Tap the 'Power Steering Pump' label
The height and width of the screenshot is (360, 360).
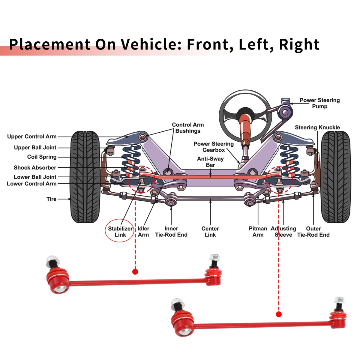click(x=319, y=103)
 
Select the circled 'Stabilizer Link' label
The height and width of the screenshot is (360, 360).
click(x=120, y=232)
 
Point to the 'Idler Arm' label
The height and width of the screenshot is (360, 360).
click(x=143, y=232)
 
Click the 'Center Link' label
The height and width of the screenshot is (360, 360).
click(x=210, y=232)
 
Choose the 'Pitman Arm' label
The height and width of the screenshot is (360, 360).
click(x=258, y=232)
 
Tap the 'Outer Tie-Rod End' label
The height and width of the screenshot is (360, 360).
click(x=313, y=232)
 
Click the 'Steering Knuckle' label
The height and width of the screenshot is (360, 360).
click(x=317, y=127)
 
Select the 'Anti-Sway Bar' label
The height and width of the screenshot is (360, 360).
click(x=210, y=162)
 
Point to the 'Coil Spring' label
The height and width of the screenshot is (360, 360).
click(x=42, y=157)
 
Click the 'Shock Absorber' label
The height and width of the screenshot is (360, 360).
click(x=35, y=168)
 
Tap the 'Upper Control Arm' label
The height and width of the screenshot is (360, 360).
click(x=32, y=137)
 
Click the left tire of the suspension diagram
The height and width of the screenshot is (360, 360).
click(x=85, y=177)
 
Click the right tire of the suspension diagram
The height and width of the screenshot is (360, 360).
click(x=336, y=177)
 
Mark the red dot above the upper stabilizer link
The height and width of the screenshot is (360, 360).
click(x=135, y=272)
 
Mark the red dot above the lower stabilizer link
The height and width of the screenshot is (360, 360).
click(x=279, y=314)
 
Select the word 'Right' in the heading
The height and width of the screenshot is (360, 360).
click(x=299, y=44)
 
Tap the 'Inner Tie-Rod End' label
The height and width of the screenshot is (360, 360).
click(x=171, y=232)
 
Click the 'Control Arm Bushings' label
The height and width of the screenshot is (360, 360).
click(x=188, y=128)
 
